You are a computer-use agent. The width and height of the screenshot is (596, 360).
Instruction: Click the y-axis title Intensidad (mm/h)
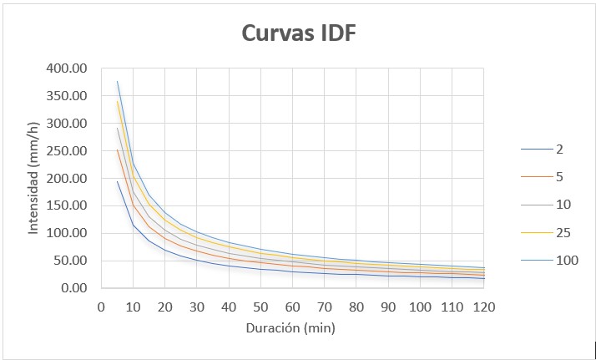(34, 178)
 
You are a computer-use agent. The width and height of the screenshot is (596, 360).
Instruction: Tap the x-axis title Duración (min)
(290, 328)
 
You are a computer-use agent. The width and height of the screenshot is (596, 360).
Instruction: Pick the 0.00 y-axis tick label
(74, 288)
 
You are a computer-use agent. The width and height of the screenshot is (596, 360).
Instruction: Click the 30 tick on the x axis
(196, 307)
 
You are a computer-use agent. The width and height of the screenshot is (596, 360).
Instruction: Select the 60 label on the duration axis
(292, 307)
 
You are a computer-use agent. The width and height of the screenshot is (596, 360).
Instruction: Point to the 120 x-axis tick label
(483, 307)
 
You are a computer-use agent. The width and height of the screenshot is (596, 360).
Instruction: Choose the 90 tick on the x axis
(387, 307)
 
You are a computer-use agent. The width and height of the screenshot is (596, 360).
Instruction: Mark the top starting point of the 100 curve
(117, 81)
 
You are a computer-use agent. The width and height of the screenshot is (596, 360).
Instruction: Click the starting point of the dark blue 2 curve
(117, 181)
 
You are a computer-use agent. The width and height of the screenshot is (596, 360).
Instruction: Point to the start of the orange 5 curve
(117, 150)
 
